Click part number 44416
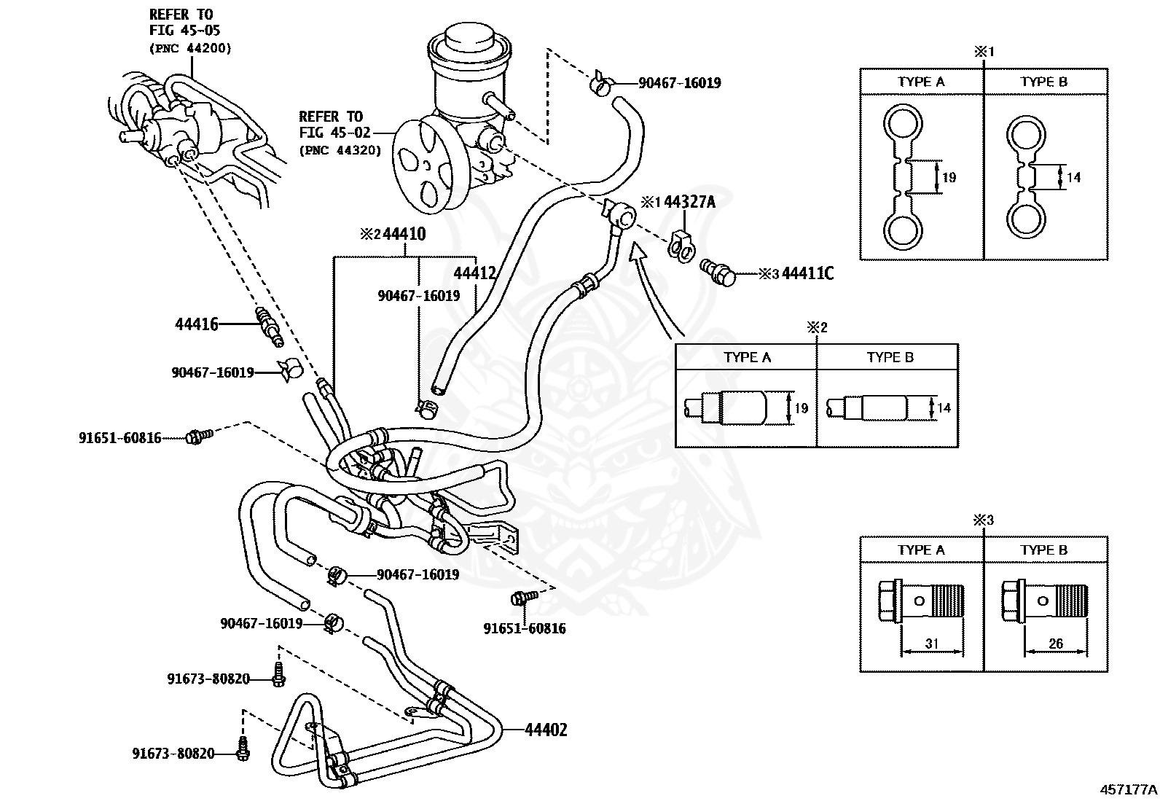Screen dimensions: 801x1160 click(x=196, y=324)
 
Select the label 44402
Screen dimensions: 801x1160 click(x=545, y=730)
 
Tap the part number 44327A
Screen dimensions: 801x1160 click(x=690, y=202)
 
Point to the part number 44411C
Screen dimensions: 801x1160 click(x=807, y=274)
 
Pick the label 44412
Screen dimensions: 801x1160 click(x=475, y=273)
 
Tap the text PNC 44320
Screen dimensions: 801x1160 click(x=340, y=150)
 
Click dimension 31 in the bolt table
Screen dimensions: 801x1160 click(x=931, y=644)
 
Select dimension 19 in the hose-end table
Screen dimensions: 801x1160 click(x=801, y=408)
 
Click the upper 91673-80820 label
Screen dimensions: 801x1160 click(x=208, y=679)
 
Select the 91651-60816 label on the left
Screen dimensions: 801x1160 click(x=120, y=438)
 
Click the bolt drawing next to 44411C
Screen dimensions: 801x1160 click(x=718, y=271)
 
